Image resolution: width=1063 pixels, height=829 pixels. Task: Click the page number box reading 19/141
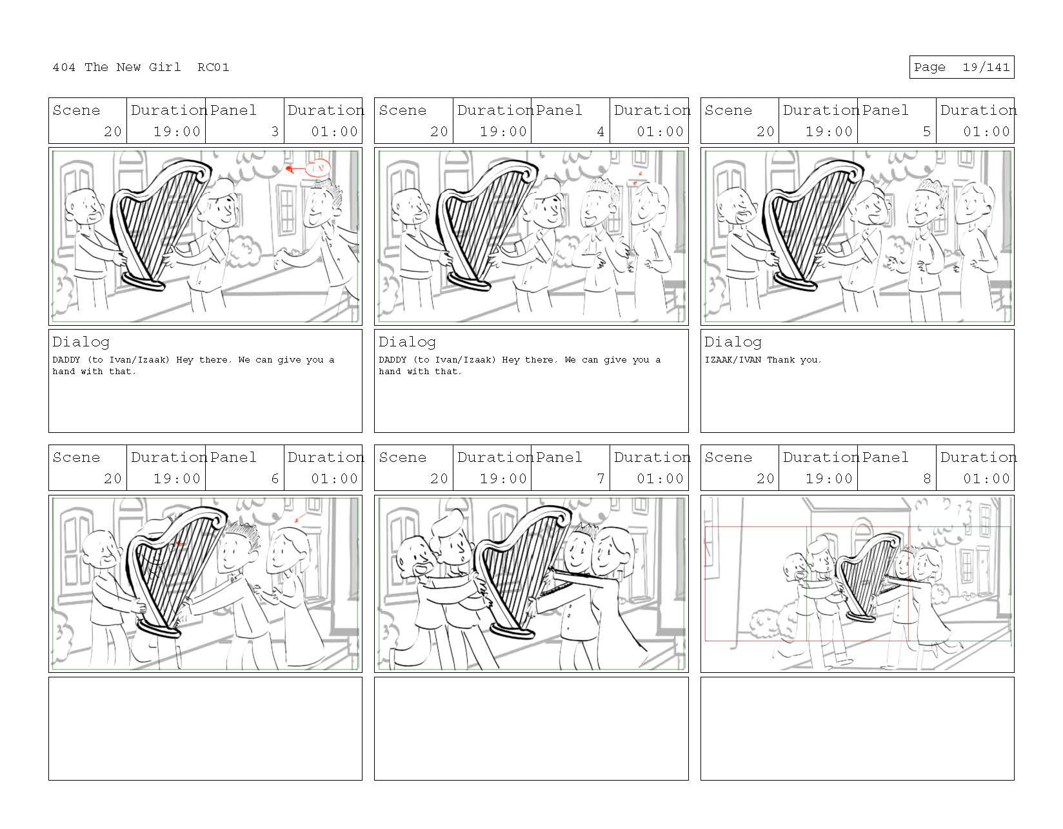coord(961,67)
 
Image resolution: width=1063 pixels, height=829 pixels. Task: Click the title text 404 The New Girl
coord(116,67)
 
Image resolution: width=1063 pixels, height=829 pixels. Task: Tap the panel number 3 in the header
coord(275,132)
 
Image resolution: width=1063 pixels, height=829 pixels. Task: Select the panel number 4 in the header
coord(601,132)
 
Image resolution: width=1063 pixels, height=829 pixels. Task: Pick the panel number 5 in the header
coord(927,132)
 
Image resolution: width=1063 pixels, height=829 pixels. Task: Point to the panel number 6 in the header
coord(275,478)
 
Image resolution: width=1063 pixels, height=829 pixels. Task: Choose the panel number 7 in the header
coord(601,478)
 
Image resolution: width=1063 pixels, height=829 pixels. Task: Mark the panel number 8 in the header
coord(927,478)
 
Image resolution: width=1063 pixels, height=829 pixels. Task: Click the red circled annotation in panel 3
coord(318,168)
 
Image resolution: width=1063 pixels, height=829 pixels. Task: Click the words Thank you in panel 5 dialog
coord(793,360)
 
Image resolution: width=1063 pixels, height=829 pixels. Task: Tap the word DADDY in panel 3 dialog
coord(66,360)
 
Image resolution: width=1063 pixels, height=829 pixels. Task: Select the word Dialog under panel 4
coord(407,342)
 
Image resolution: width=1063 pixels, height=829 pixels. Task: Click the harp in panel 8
coord(866,577)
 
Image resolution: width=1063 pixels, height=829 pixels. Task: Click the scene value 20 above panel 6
coord(112,478)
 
